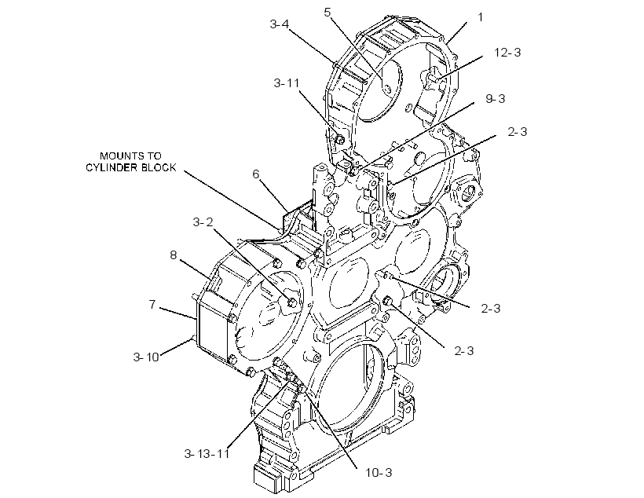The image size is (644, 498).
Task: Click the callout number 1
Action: click(x=481, y=17)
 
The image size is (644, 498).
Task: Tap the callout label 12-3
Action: click(x=507, y=53)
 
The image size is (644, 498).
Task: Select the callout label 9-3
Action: click(x=496, y=99)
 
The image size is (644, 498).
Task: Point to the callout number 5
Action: click(x=327, y=13)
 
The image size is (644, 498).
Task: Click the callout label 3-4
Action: click(x=280, y=24)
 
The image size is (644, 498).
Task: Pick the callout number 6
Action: click(x=256, y=174)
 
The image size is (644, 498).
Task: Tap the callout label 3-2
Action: click(x=203, y=222)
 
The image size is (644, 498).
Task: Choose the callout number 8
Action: click(x=174, y=255)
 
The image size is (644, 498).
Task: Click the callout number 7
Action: click(x=152, y=305)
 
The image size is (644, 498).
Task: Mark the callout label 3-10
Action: click(x=146, y=357)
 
